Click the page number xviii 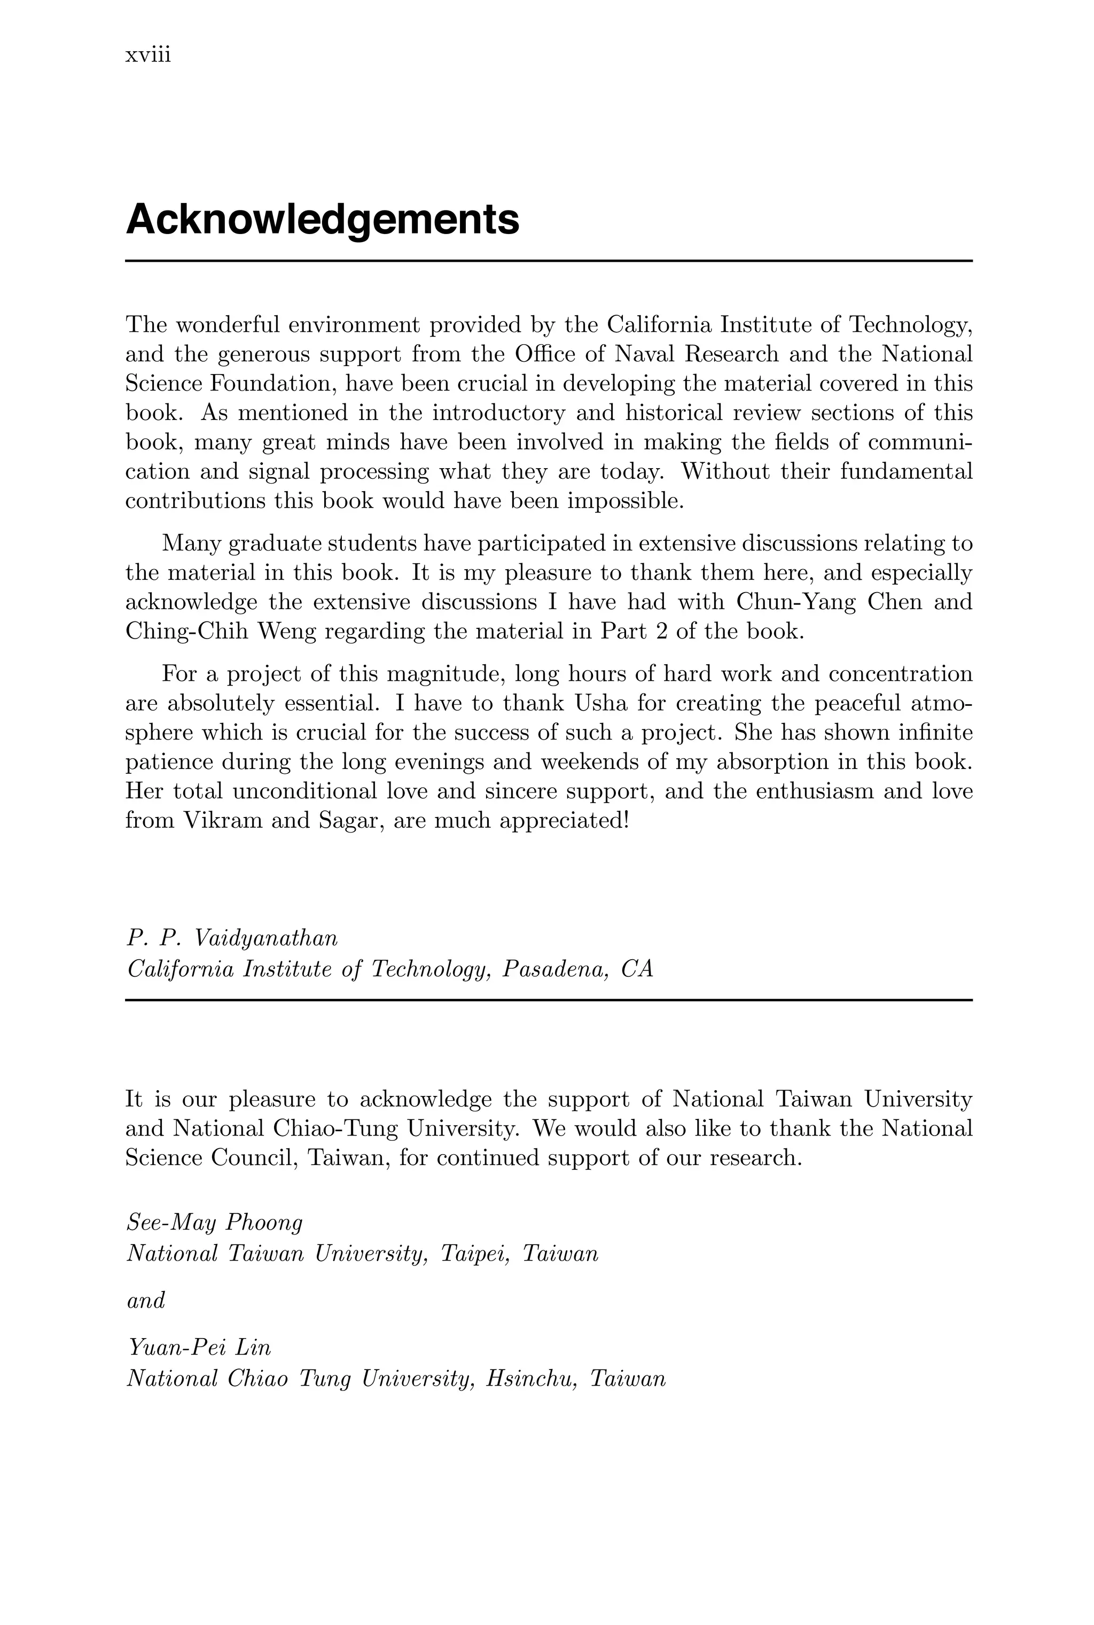[x=148, y=55]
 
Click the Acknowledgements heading [x=322, y=219]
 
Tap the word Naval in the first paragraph [x=640, y=354]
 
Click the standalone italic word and [x=146, y=1301]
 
